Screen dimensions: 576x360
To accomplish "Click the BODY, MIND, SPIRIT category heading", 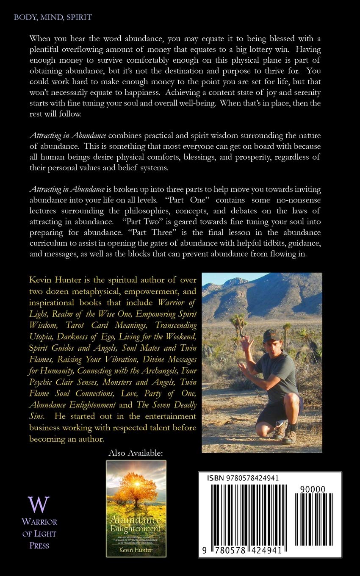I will (x=53, y=17).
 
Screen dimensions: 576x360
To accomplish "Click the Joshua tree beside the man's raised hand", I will (x=238, y=324).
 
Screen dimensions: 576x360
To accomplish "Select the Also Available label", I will (x=136, y=453).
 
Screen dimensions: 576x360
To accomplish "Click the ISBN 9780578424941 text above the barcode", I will (x=243, y=478).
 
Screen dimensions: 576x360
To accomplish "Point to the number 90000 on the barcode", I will (x=313, y=489).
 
